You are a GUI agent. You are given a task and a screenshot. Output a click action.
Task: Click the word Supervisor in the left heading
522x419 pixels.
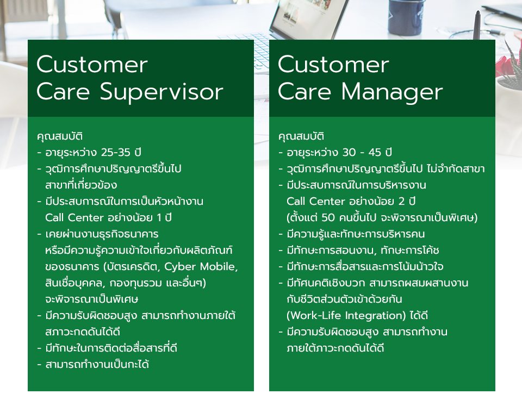(161, 92)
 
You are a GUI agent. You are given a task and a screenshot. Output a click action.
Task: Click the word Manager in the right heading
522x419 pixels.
(392, 92)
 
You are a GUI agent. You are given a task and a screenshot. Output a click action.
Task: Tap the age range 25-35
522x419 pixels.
(115, 152)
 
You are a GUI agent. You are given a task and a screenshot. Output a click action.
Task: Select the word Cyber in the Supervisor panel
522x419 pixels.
(180, 267)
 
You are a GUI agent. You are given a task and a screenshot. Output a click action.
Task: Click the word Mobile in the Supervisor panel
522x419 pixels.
(219, 267)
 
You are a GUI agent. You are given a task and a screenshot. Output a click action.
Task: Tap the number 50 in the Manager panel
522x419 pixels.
(328, 218)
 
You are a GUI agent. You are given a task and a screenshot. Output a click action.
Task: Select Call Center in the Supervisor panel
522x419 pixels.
(74, 218)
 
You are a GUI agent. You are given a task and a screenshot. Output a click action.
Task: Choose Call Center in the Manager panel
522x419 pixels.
(316, 201)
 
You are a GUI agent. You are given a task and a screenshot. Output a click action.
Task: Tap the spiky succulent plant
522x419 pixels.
(509, 66)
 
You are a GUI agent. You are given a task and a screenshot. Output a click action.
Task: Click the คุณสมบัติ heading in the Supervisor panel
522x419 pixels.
(60, 136)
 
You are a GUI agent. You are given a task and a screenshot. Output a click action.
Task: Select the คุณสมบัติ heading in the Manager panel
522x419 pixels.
(301, 136)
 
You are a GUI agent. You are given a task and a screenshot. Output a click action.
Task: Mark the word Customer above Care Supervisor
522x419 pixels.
(92, 64)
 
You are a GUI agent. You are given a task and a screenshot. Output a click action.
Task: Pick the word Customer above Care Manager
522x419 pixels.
(333, 64)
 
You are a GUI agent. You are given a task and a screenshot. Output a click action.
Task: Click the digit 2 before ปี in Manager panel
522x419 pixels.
(402, 201)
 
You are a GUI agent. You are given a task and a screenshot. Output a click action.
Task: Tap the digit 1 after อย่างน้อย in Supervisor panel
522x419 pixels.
(159, 218)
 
